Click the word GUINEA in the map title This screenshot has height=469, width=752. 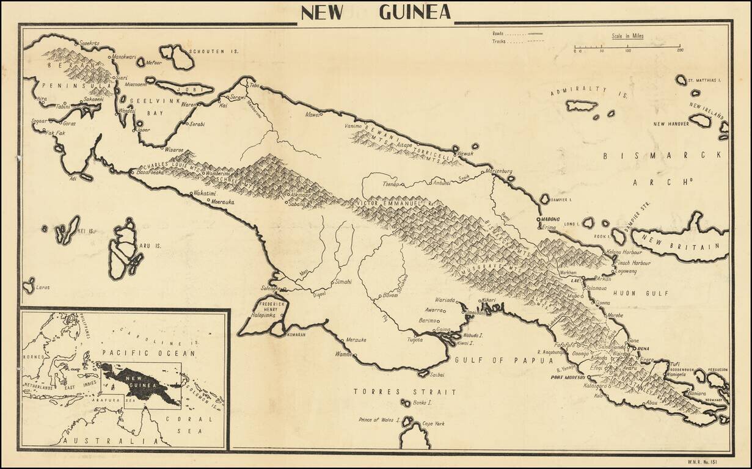[x=415, y=12]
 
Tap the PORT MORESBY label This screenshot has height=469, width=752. [x=569, y=377]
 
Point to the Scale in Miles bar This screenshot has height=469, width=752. [x=627, y=46]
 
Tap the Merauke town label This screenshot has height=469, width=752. [x=356, y=340]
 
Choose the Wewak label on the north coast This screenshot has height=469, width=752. [x=465, y=154]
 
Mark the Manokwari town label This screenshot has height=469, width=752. [x=124, y=57]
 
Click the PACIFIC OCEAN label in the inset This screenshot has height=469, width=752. [x=149, y=353]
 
